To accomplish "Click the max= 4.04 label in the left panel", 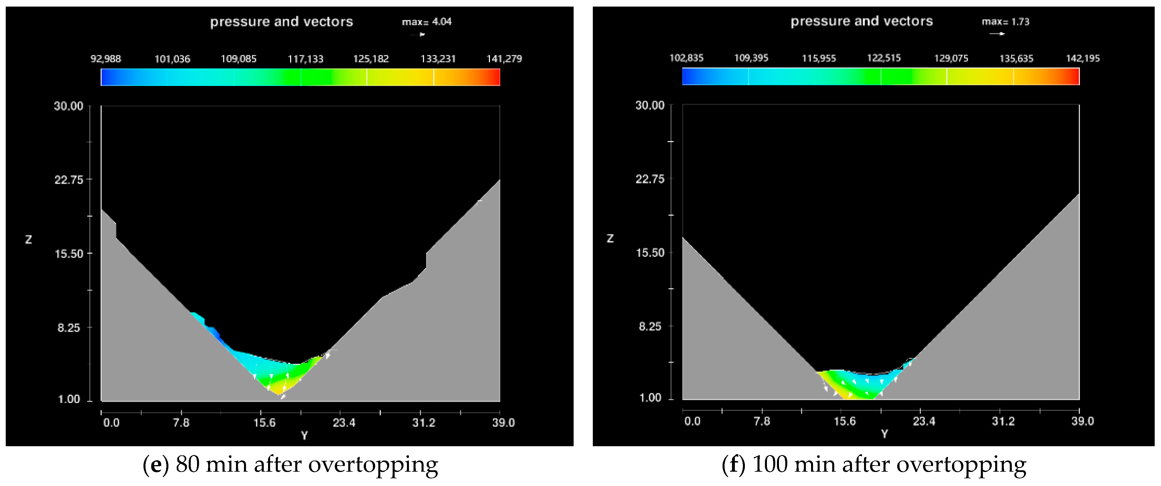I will [426, 22].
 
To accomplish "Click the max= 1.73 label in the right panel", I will [1005, 22].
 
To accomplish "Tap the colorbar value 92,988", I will [106, 59].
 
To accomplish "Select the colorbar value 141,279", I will [504, 59].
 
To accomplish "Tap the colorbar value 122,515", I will [884, 58].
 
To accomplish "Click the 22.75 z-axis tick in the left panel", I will [69, 180].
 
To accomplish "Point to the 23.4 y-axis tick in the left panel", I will [344, 422].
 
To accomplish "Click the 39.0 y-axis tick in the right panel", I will [1083, 421].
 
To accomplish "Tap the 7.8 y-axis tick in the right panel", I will [762, 421].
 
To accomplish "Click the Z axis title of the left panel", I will [28, 240].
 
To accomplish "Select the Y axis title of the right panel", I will [884, 434].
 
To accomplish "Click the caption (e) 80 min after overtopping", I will [290, 464].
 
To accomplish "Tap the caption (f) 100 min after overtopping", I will [873, 464].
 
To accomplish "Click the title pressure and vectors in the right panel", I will [861, 21].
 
